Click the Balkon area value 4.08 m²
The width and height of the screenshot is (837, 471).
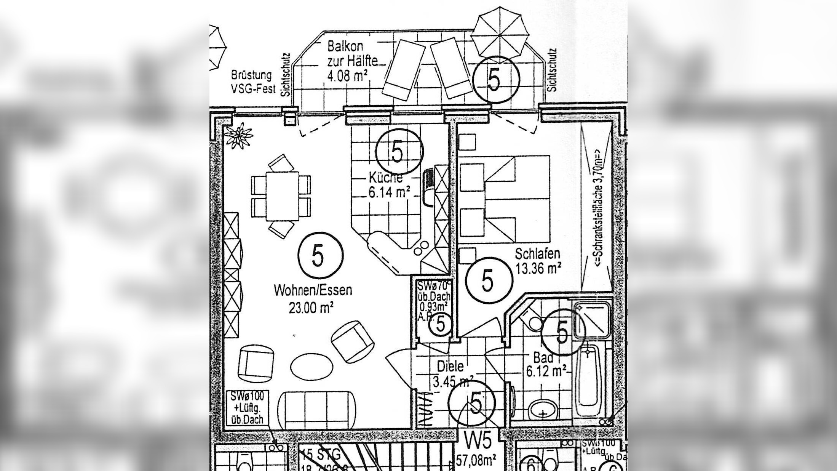click(x=347, y=75)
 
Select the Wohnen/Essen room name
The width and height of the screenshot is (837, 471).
click(x=313, y=291)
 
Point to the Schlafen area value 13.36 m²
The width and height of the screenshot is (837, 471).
click(x=538, y=269)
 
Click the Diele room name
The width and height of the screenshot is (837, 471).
click(x=450, y=367)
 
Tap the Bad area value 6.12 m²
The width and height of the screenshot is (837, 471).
click(x=546, y=371)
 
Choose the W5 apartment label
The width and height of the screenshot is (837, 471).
click(x=478, y=441)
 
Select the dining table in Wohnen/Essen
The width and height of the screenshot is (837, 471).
click(x=282, y=196)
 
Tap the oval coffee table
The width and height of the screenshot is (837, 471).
click(x=311, y=367)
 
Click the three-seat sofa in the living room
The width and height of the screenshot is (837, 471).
click(x=318, y=410)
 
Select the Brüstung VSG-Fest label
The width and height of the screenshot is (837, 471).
click(x=252, y=82)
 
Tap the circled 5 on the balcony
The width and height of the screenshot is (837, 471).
click(x=495, y=80)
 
